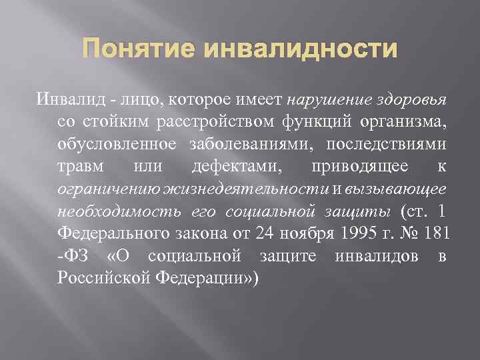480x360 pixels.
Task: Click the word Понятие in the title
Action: pos(135,50)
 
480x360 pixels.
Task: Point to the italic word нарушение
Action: pos(322,101)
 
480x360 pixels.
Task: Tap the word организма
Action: pos(401,123)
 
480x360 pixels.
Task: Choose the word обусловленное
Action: pos(117,145)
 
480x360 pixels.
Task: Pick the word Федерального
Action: pos(117,234)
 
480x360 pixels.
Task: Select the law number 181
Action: pos(439,234)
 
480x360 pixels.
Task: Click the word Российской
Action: pos(106,279)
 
